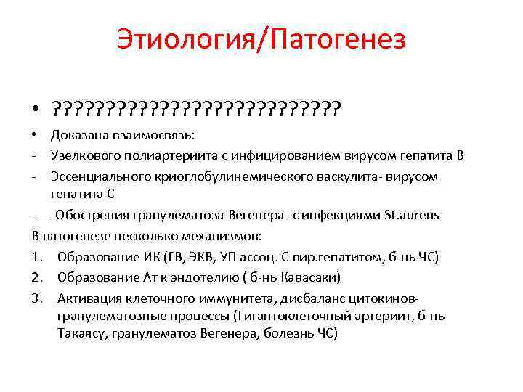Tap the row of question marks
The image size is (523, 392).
point(196,108)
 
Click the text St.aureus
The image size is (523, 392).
point(411,216)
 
